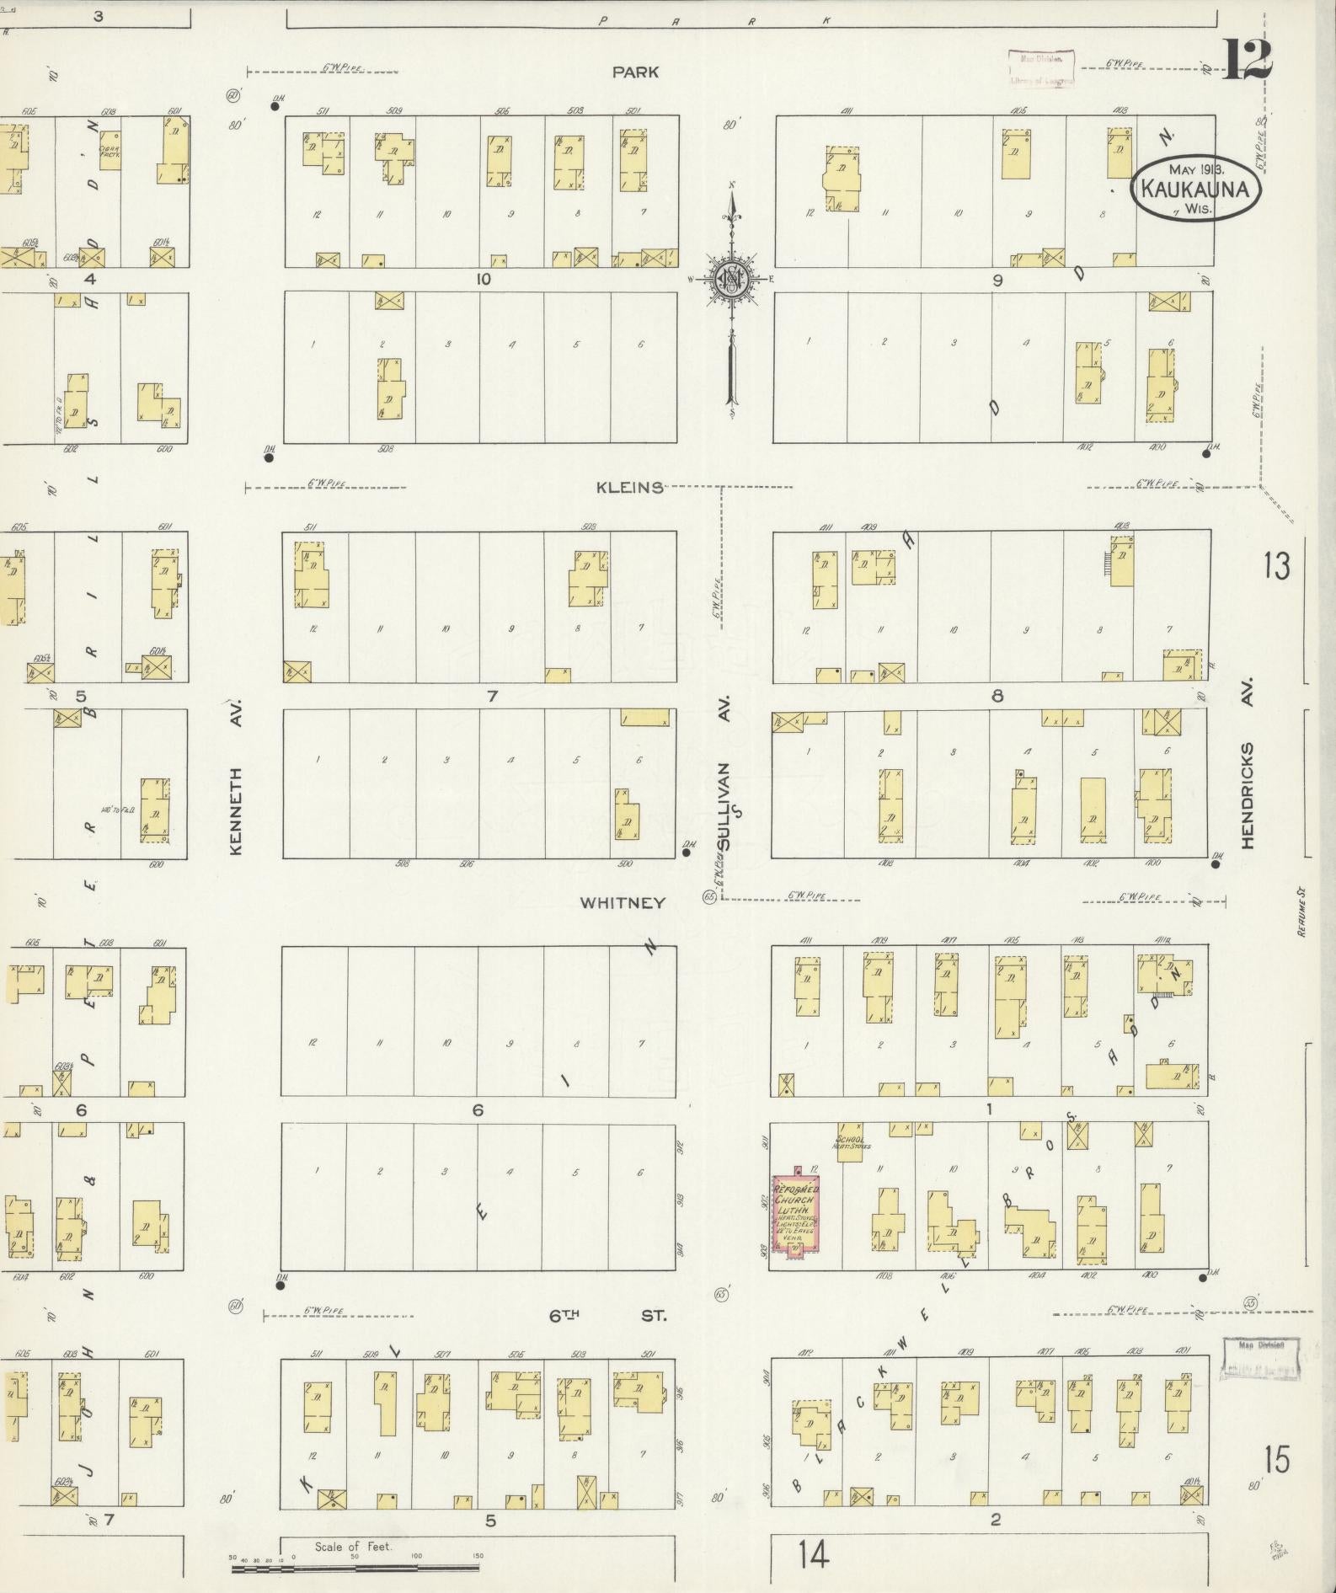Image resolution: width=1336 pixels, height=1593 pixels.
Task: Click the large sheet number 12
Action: [x=1247, y=61]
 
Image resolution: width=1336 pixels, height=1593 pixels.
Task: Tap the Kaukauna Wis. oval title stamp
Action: [x=1196, y=190]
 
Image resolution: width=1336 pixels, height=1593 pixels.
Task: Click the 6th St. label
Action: [x=607, y=1315]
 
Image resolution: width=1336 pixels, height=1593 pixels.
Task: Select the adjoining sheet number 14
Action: [x=814, y=1554]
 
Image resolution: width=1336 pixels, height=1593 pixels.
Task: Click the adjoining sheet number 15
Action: [x=1276, y=1459]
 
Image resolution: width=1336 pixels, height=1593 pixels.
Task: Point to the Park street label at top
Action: [x=635, y=72]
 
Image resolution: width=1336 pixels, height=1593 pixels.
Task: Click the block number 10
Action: [x=482, y=279]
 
